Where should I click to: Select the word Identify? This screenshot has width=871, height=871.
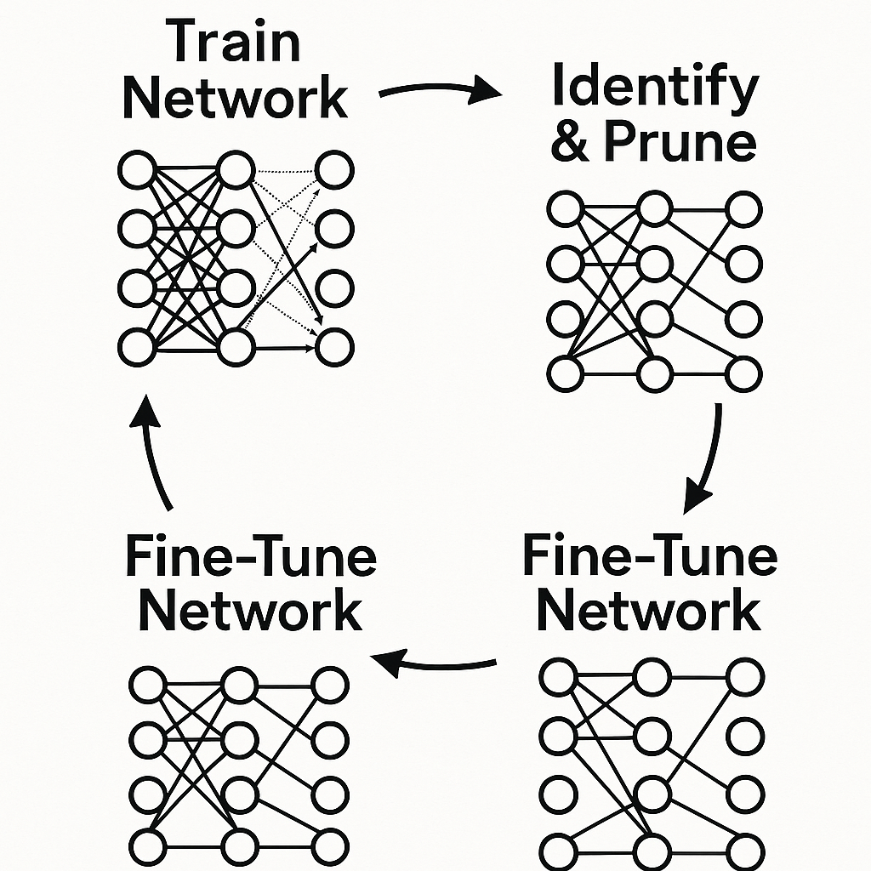tap(654, 88)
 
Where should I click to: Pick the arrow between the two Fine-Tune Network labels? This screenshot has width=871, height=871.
tap(434, 660)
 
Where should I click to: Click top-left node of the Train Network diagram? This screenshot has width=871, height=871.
tap(136, 171)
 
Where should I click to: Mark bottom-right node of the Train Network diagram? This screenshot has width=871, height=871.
tap(334, 347)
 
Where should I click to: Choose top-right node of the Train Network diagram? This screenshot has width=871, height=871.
tap(334, 170)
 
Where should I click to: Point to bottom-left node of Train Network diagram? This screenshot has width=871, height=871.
tap(136, 347)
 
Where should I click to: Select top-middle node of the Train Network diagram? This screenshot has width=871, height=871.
tap(236, 170)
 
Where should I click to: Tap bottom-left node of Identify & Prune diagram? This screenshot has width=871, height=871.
tap(566, 374)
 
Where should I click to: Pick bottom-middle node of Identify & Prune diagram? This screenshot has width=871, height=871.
tap(655, 374)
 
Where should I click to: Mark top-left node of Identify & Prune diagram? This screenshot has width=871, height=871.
tap(566, 209)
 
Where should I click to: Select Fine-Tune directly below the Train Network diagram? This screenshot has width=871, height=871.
tap(251, 558)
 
